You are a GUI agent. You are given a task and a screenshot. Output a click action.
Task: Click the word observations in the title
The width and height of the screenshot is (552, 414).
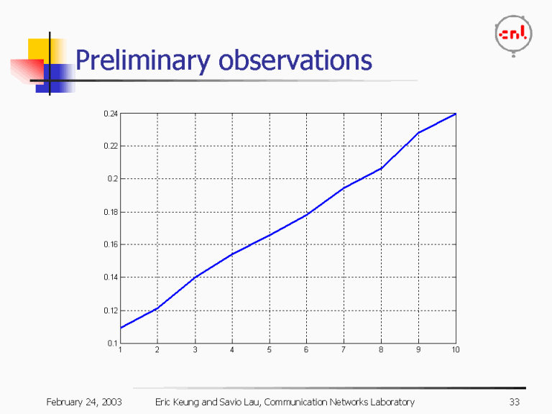pos(295,60)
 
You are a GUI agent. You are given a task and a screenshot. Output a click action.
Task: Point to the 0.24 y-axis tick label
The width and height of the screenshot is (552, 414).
pos(110,114)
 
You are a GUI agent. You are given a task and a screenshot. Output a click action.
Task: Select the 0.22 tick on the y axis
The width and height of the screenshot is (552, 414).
pos(110,146)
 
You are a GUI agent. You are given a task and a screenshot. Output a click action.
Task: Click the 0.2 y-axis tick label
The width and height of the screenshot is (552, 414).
pos(112,179)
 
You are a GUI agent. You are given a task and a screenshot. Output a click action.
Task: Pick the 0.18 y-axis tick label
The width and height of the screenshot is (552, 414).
pos(110,212)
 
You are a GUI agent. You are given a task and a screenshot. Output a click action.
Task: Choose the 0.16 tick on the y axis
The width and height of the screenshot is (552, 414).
pos(110,244)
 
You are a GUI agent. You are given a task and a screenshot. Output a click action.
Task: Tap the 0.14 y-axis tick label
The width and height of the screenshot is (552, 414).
pos(110,277)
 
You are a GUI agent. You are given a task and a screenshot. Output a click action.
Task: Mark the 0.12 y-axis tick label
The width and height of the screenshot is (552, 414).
pos(110,310)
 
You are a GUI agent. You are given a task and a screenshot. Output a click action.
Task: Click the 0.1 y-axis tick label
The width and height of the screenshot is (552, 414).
pos(112,343)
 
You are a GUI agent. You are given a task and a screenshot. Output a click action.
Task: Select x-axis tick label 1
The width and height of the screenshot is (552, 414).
pos(120,350)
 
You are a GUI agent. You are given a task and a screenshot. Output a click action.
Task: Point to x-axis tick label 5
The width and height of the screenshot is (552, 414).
pos(270,350)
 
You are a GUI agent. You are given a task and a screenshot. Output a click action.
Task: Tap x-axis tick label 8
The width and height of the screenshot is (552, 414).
pos(381,350)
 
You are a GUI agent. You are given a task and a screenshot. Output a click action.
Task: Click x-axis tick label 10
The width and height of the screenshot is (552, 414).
pos(455,350)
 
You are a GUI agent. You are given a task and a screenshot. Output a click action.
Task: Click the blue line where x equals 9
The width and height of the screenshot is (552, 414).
pos(418,133)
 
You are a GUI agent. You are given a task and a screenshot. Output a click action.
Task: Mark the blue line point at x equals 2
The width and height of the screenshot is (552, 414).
pos(157,308)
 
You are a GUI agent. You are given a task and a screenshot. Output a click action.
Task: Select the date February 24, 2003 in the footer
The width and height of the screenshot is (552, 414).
pos(83,401)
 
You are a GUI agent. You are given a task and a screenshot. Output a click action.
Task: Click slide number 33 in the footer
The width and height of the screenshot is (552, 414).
pos(513,401)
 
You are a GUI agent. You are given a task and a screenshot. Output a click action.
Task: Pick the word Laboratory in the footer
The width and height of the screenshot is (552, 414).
pos(390,401)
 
